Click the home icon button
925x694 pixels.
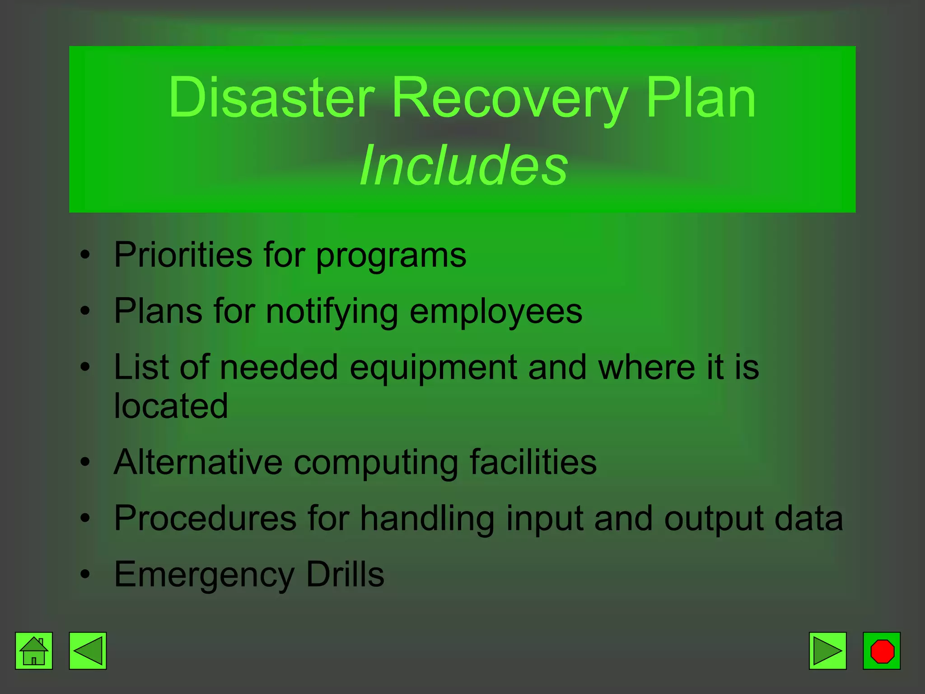coord(34,651)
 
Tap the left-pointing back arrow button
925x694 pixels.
coord(88,651)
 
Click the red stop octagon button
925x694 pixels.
coord(882,651)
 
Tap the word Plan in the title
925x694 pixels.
coord(701,98)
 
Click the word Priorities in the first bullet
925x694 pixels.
coord(182,255)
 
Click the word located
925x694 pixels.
coord(171,406)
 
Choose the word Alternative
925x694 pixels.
coord(198,462)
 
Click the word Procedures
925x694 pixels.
coord(205,518)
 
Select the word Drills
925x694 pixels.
coord(345,574)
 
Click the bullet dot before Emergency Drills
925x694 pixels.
coord(85,574)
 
